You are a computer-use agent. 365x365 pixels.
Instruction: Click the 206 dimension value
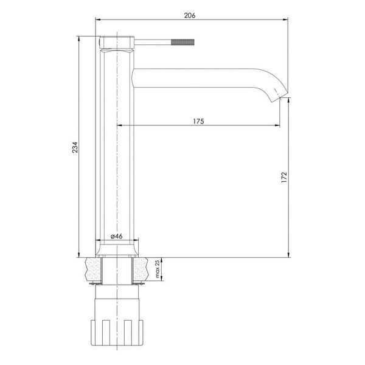[x=190, y=15]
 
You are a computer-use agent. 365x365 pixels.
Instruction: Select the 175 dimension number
[x=198, y=121]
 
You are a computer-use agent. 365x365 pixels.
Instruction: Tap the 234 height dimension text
[x=75, y=147]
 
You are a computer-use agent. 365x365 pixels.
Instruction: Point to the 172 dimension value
[x=284, y=177]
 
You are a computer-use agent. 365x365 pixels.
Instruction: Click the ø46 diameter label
[x=117, y=236]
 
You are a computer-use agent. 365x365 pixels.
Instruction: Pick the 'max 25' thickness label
[x=158, y=269]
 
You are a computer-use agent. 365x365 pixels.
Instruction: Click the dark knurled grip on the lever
[x=182, y=42]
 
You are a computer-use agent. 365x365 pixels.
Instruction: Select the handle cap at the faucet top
[x=117, y=42]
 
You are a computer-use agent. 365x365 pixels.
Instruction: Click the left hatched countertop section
[x=94, y=269]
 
